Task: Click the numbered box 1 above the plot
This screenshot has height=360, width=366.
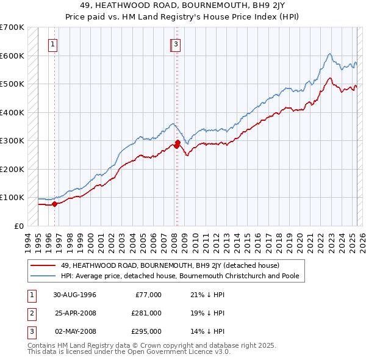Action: pos(53,43)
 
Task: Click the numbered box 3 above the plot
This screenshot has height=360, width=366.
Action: pos(176,43)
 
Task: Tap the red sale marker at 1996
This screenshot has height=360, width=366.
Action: pos(54,204)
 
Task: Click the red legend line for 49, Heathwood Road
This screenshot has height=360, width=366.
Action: pos(43,265)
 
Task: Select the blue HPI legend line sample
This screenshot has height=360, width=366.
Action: pos(43,276)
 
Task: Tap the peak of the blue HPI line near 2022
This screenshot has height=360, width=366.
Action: pos(329,54)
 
